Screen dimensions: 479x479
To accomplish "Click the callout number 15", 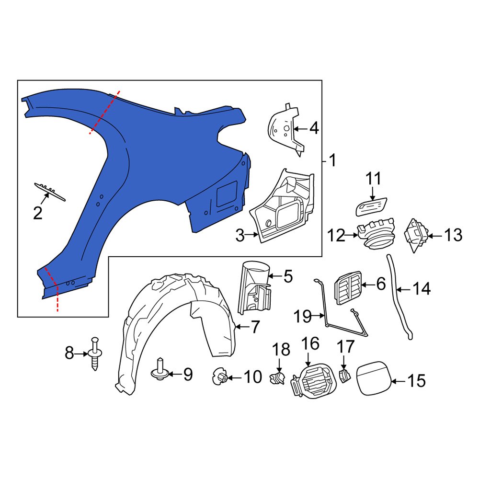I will [416, 381].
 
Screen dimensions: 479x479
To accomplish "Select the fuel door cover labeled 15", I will [372, 378].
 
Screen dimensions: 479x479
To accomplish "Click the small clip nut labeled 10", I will [220, 377].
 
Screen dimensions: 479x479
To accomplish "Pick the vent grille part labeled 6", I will [349, 286].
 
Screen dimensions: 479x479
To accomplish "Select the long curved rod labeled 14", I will [399, 297].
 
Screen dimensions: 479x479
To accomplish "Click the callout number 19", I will [302, 316].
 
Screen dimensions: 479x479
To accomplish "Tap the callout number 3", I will [240, 235].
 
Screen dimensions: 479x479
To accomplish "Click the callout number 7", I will [255, 328].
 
